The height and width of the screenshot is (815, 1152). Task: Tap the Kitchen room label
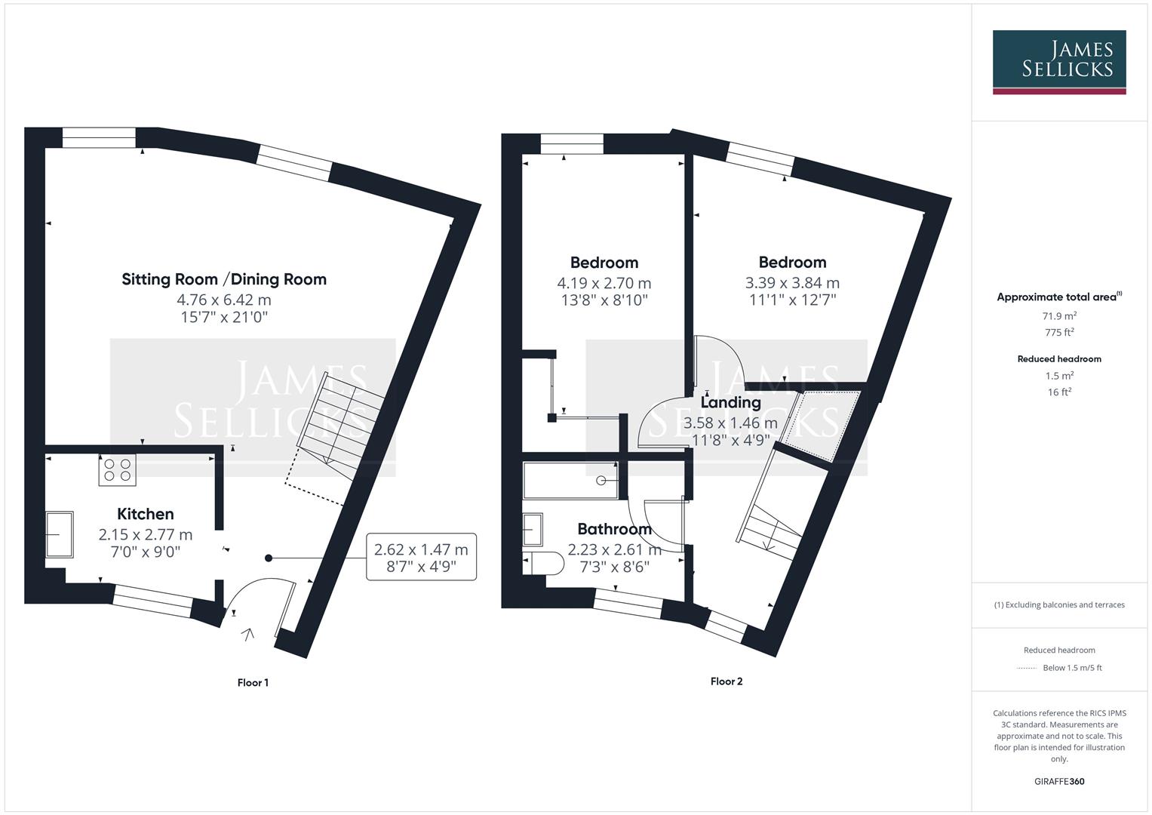(x=146, y=514)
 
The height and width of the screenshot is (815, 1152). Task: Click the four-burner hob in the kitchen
(x=117, y=470)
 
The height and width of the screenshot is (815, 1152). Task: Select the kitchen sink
(x=60, y=534)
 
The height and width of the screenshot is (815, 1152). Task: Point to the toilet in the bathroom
(x=545, y=562)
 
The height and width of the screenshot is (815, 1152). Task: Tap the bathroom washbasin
(x=532, y=530)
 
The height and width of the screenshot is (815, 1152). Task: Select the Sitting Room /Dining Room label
(x=224, y=279)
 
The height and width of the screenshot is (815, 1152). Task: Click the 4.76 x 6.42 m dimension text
(x=224, y=300)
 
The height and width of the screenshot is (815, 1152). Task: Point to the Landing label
(x=730, y=402)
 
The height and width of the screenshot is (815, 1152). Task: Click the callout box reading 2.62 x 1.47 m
(x=421, y=557)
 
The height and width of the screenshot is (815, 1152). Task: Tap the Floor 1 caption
(x=253, y=683)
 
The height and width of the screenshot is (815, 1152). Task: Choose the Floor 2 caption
(x=727, y=681)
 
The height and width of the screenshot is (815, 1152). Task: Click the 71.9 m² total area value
(x=1059, y=316)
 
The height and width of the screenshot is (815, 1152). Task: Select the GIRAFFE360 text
(x=1059, y=782)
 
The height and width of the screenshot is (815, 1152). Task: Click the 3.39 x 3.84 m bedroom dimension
(x=792, y=283)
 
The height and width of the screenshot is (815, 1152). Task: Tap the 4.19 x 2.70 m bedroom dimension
(x=604, y=284)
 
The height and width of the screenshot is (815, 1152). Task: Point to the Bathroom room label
(x=614, y=529)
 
